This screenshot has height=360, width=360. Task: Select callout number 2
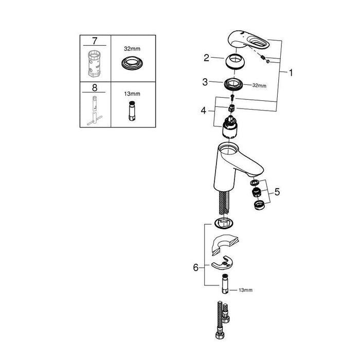click(206, 58)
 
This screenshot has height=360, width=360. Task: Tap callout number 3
click(206, 82)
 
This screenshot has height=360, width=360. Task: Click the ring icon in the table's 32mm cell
click(132, 63)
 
